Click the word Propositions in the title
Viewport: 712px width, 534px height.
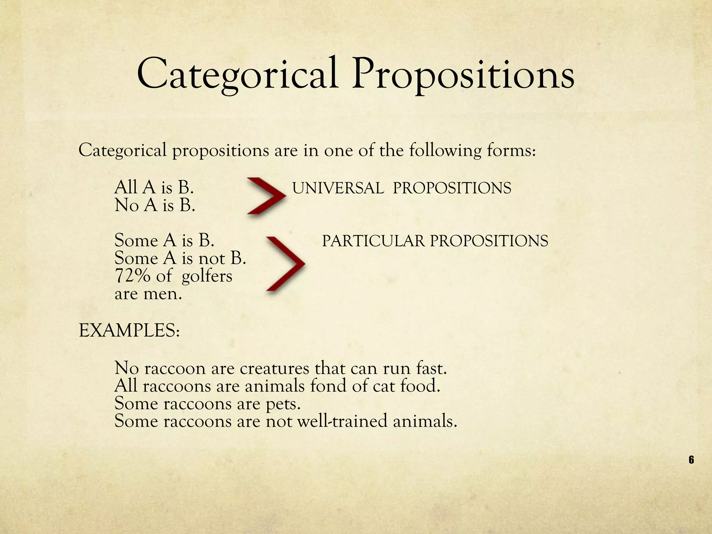(x=463, y=75)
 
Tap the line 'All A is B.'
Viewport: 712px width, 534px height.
(x=154, y=188)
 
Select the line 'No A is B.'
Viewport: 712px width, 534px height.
(x=155, y=205)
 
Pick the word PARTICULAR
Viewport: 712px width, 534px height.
(x=373, y=241)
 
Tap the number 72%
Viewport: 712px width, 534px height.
(x=132, y=276)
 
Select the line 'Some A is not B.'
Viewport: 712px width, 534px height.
(x=180, y=258)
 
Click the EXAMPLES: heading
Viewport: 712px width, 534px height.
(x=129, y=331)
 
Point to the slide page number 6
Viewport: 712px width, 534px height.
(x=691, y=460)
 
